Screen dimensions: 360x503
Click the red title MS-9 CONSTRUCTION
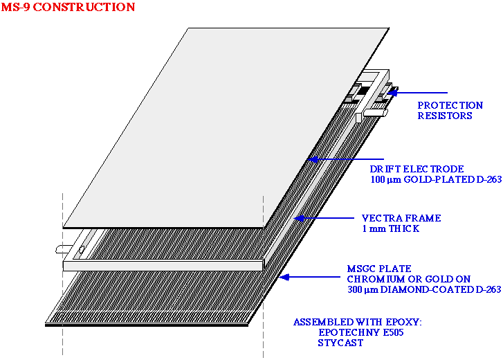[68, 8]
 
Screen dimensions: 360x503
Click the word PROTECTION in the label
[450, 105]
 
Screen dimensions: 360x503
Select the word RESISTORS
[445, 116]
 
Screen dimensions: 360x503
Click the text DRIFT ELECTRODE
[417, 169]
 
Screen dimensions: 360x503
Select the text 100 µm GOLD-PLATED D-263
[435, 179]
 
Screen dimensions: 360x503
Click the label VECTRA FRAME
[401, 218]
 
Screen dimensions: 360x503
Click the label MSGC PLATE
[378, 269]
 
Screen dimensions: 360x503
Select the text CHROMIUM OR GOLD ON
[401, 279]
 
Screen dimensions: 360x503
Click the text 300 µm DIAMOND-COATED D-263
[423, 289]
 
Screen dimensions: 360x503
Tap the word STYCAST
[340, 343]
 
